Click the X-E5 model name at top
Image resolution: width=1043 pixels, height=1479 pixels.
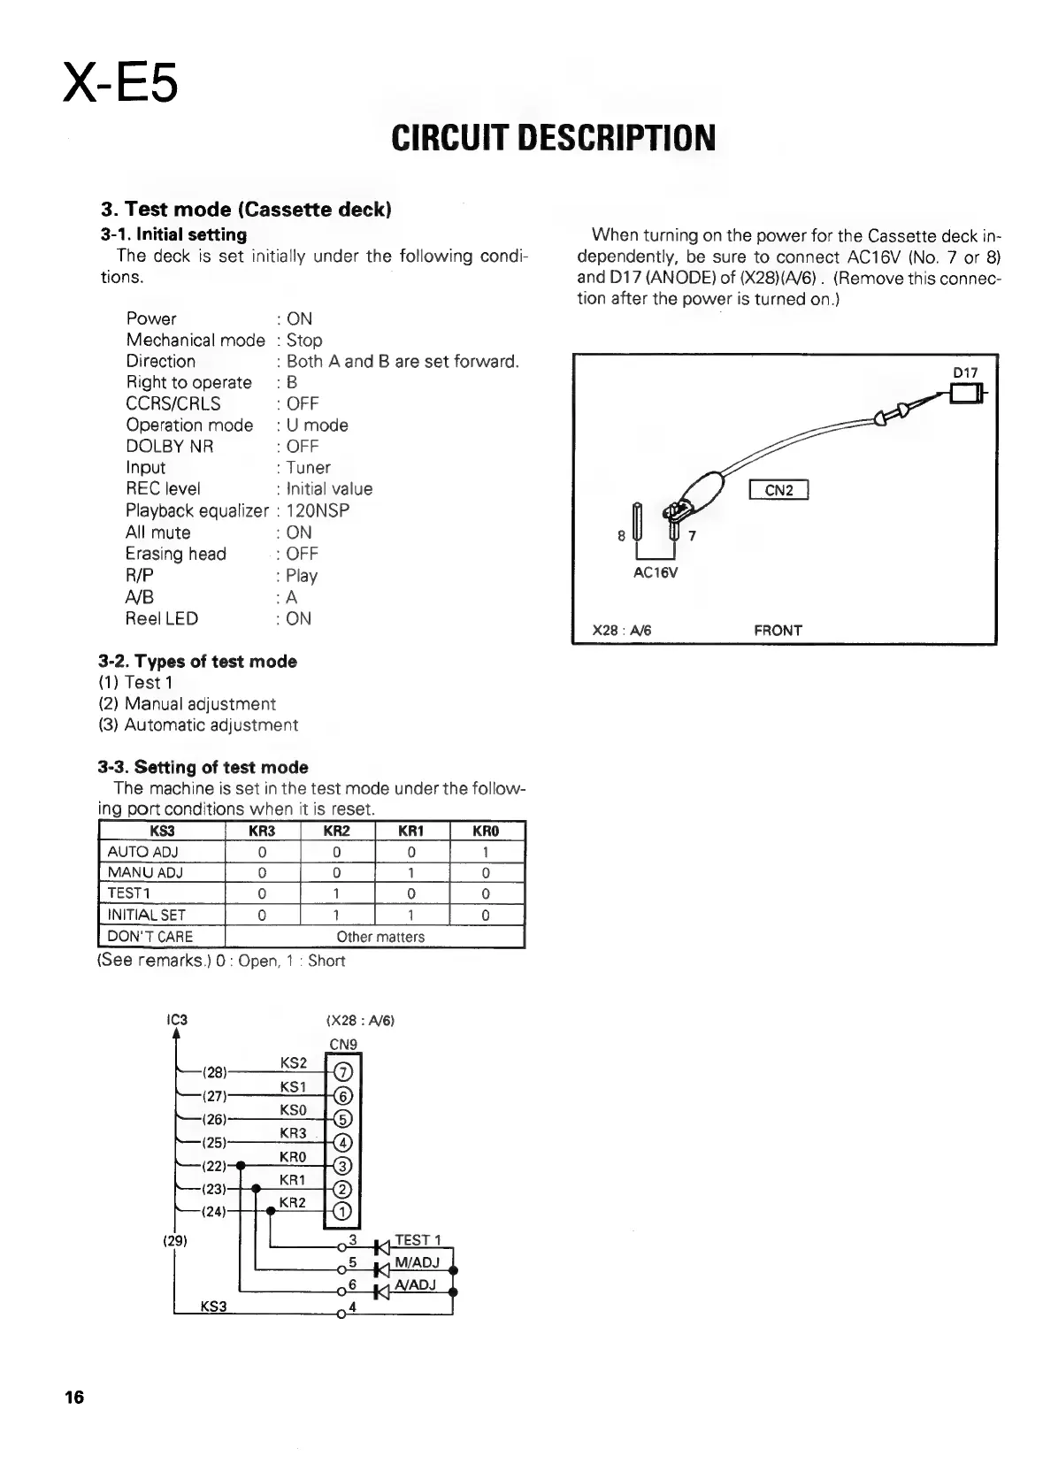pos(121,82)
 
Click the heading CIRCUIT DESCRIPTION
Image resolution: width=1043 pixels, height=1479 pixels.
pos(552,138)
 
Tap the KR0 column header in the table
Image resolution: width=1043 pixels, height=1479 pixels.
pos(487,831)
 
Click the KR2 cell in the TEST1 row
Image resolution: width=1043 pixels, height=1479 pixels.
pos(337,893)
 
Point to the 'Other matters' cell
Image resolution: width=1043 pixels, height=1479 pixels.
pos(380,937)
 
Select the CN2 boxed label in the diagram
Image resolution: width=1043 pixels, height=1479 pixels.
pos(778,490)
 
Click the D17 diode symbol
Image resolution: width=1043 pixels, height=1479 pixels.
pos(967,393)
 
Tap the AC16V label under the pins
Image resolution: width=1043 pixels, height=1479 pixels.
pos(656,572)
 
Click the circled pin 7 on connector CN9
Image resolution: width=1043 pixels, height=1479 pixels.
pos(343,1073)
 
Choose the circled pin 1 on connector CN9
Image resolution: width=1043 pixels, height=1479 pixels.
pos(343,1212)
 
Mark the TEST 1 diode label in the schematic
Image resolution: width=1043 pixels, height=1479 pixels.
pos(418,1240)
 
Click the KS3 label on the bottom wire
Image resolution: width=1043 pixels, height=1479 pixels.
pos(214,1307)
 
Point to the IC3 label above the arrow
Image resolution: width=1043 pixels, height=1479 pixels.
pos(177,1019)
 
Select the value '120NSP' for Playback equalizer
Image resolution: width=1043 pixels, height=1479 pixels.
pos(318,510)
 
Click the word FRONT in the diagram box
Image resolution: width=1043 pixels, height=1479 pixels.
pos(778,631)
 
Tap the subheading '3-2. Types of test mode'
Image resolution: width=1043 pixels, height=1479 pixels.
pos(197,662)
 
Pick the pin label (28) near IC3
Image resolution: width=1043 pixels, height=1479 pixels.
pos(215,1073)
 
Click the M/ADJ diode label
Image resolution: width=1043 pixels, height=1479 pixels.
pos(417,1262)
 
